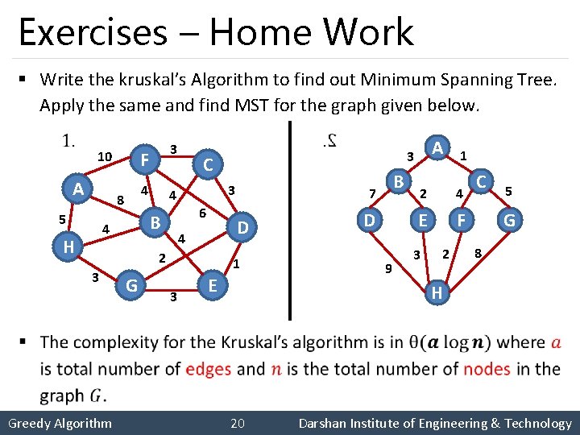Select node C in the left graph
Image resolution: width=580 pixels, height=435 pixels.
coord(207,165)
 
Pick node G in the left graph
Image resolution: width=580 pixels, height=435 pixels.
coord(131,284)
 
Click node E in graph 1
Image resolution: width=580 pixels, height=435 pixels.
coord(212,285)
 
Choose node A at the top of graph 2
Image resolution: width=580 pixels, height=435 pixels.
coord(437,148)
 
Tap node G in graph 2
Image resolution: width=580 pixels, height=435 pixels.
coord(509,219)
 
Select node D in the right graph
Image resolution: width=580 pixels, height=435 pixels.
coord(369,219)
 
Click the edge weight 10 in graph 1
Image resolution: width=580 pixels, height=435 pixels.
coord(104,155)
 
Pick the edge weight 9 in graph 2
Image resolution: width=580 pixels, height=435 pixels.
coord(387,268)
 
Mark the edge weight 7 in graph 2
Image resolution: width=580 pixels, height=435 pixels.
coord(371,193)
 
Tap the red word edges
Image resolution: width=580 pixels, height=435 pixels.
coord(208,369)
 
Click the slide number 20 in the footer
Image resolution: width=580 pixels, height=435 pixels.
coord(238,423)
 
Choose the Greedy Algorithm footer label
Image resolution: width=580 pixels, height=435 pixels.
coord(60,423)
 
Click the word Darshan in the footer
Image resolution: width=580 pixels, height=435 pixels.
coord(324,423)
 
